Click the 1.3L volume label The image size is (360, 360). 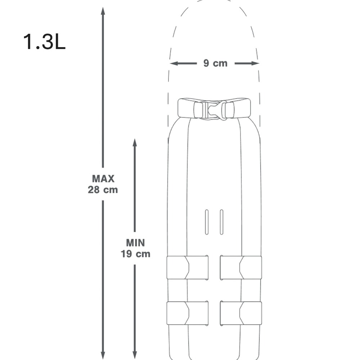(x=44, y=42)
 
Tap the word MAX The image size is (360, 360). (x=103, y=179)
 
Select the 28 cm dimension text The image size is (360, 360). (x=103, y=190)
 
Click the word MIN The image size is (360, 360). (x=135, y=243)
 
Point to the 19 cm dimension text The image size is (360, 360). (x=135, y=254)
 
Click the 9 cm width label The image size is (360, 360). (x=215, y=63)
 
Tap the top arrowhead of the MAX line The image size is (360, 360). (x=103, y=11)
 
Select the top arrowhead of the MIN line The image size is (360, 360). (x=135, y=143)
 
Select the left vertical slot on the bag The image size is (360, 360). (x=206, y=222)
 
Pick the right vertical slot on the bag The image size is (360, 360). (x=221, y=222)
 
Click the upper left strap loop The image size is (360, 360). (x=187, y=267)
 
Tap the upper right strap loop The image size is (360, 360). (x=241, y=267)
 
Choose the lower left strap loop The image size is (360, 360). (x=187, y=313)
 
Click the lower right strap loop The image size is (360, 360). (x=241, y=313)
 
